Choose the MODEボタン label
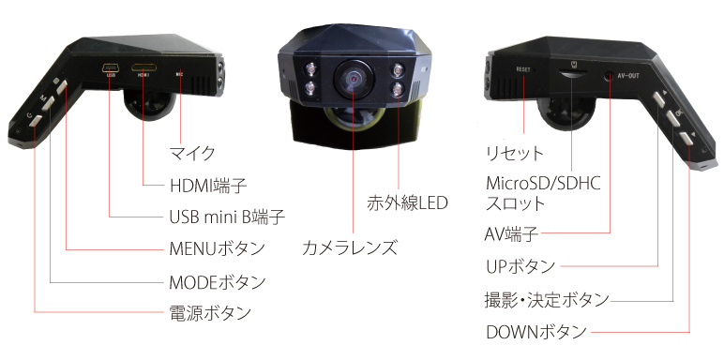[x=217, y=281]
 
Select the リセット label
[x=514, y=152]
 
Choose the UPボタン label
[x=520, y=266]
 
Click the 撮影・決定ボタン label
[x=546, y=300]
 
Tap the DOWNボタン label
[x=536, y=332]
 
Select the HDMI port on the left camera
[x=144, y=68]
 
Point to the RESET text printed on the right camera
[x=523, y=69]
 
